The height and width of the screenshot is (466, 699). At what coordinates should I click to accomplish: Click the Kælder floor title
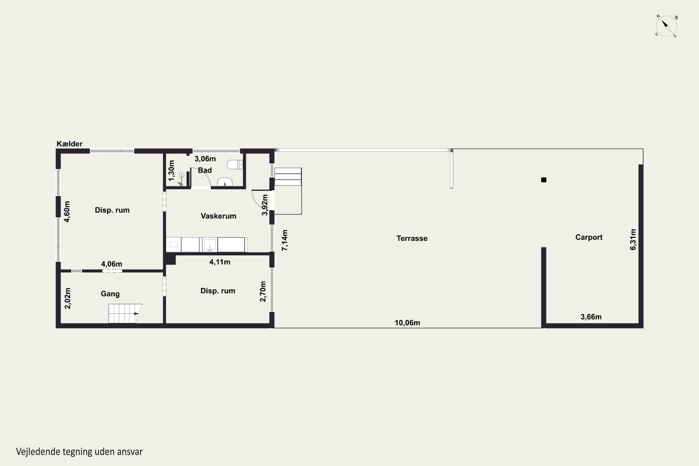[x=69, y=144]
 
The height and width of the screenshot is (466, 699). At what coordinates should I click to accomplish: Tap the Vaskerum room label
[x=219, y=216]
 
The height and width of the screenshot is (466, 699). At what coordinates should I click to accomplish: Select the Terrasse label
[x=412, y=238]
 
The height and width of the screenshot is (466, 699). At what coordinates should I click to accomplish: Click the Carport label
[x=589, y=237]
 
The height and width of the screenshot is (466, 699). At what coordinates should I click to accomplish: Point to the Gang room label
[x=110, y=294]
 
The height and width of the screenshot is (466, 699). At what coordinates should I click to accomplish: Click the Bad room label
[x=205, y=170]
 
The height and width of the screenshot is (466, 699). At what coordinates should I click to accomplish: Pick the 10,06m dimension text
[x=407, y=323]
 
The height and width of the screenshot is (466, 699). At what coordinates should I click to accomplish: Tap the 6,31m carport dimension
[x=633, y=240]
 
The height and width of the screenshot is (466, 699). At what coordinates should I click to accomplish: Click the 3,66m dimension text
[x=591, y=317]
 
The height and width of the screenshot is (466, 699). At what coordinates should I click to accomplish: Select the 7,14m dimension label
[x=285, y=240]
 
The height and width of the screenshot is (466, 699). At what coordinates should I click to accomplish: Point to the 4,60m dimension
[x=67, y=212]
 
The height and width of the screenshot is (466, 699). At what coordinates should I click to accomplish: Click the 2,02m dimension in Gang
[x=68, y=298]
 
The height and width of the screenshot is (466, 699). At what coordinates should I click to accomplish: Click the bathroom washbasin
[x=225, y=182]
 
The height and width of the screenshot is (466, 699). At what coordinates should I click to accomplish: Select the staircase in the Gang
[x=125, y=314]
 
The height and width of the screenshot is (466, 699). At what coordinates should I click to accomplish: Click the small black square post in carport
[x=544, y=180]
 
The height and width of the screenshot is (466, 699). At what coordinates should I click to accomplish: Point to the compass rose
[x=666, y=26]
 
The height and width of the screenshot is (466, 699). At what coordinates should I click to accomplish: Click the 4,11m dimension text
[x=220, y=262]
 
